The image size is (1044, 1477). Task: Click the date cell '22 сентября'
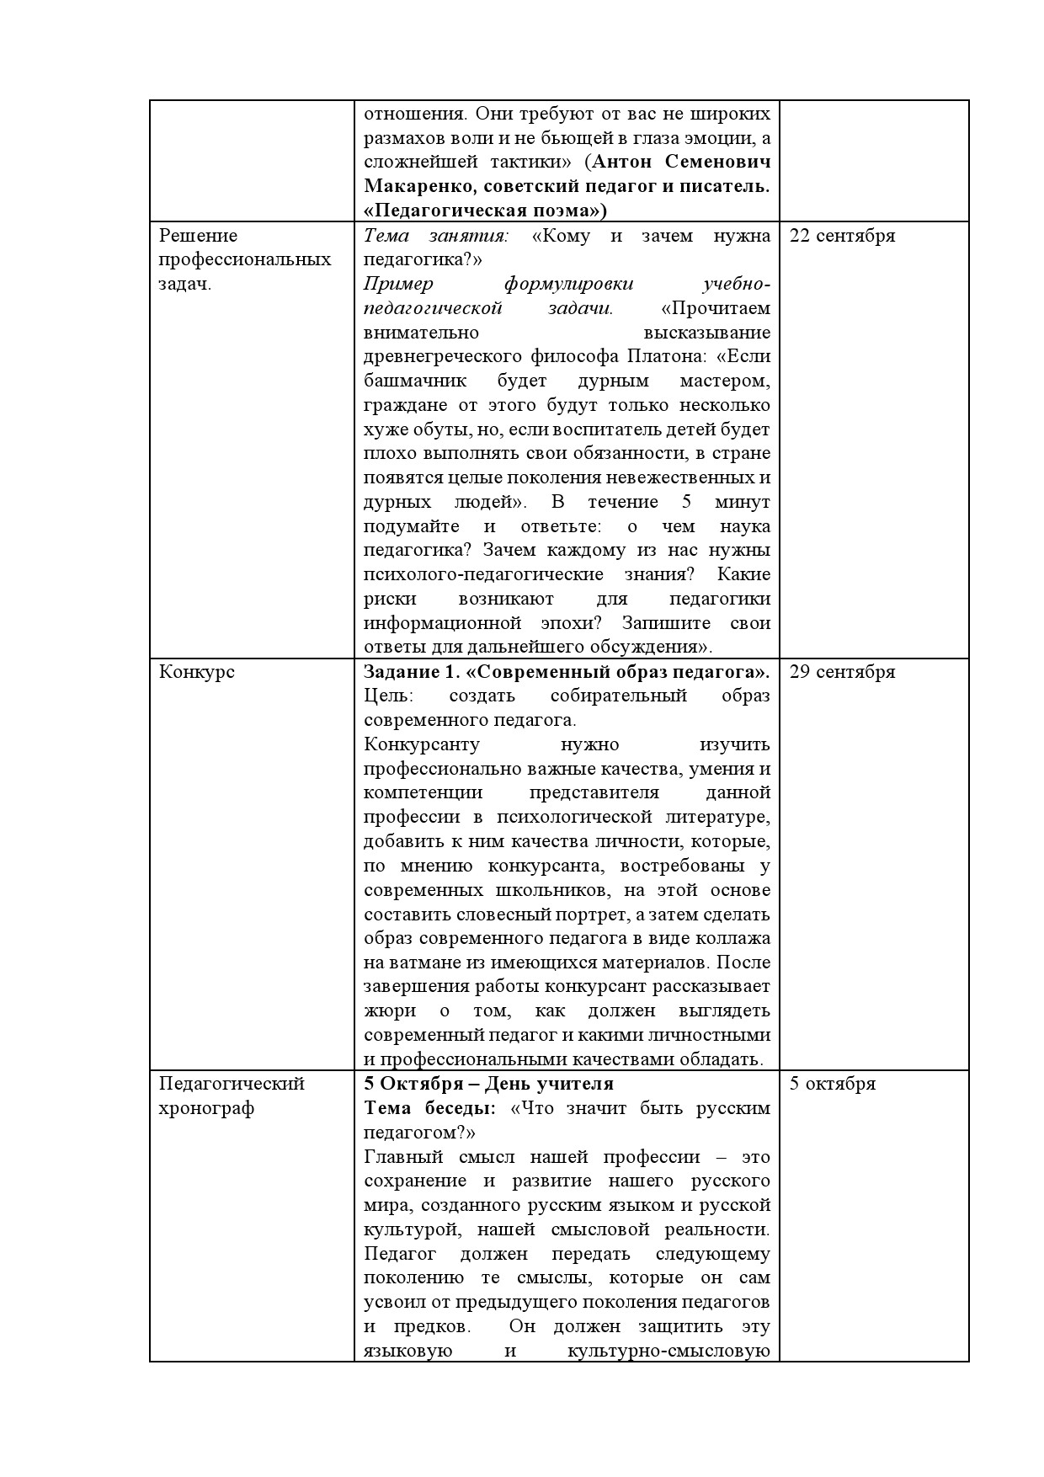coord(842,236)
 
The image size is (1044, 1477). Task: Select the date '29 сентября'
coord(842,672)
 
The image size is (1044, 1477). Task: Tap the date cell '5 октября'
coord(832,1084)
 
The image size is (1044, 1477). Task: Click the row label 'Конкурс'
coord(197,672)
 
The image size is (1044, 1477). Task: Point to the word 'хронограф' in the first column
coord(206,1108)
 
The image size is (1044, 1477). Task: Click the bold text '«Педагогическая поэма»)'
coord(486,210)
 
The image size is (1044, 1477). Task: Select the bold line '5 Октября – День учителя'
coord(488,1084)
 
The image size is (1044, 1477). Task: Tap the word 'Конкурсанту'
coord(421,745)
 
